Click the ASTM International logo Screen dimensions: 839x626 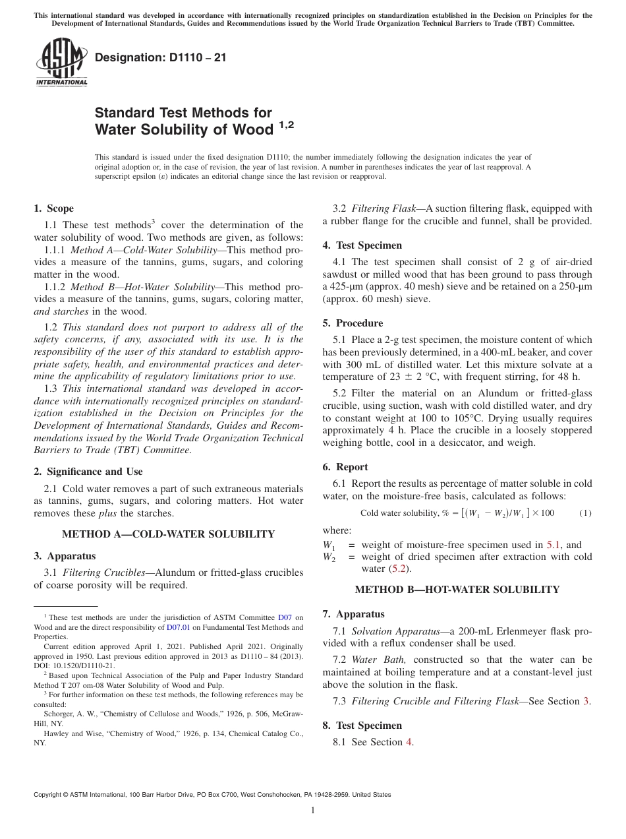coord(61,63)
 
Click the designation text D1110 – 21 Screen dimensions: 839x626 coord(160,57)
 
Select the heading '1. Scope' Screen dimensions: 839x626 coord(53,208)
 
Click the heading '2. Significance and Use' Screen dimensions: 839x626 coord(88,472)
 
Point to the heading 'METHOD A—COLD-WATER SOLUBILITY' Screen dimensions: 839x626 coord(168,534)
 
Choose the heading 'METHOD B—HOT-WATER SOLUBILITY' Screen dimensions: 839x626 coord(457,590)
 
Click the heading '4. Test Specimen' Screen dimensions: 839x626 coord(362,245)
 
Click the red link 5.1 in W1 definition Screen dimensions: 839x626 coord(554,545)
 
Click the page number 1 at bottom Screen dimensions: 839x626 coord(313,811)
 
